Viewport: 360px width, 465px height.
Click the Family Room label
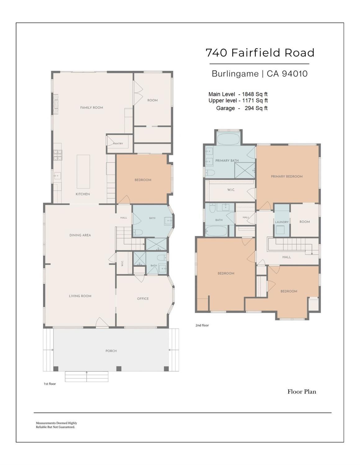click(x=91, y=108)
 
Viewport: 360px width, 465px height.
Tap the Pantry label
click(x=118, y=144)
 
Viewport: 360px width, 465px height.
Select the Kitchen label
click(x=83, y=194)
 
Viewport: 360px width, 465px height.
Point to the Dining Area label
click(x=80, y=235)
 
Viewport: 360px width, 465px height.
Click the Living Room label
click(x=80, y=296)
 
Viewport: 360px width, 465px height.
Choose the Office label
click(x=143, y=299)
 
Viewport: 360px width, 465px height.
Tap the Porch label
click(x=111, y=351)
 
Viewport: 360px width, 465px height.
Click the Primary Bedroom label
click(x=287, y=177)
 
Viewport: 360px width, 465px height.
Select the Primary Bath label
click(x=227, y=160)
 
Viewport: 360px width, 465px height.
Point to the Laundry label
click(x=282, y=222)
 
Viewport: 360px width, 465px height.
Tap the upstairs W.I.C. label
click(x=231, y=190)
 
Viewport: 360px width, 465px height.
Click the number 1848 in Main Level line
click(x=249, y=94)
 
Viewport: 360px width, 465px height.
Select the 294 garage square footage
click(x=249, y=108)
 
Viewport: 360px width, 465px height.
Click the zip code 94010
click(x=295, y=74)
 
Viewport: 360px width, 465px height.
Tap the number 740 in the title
click(x=216, y=53)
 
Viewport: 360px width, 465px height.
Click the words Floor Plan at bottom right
click(x=302, y=392)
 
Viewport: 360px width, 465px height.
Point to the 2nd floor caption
click(x=202, y=325)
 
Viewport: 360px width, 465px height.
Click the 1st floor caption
click(x=50, y=384)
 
